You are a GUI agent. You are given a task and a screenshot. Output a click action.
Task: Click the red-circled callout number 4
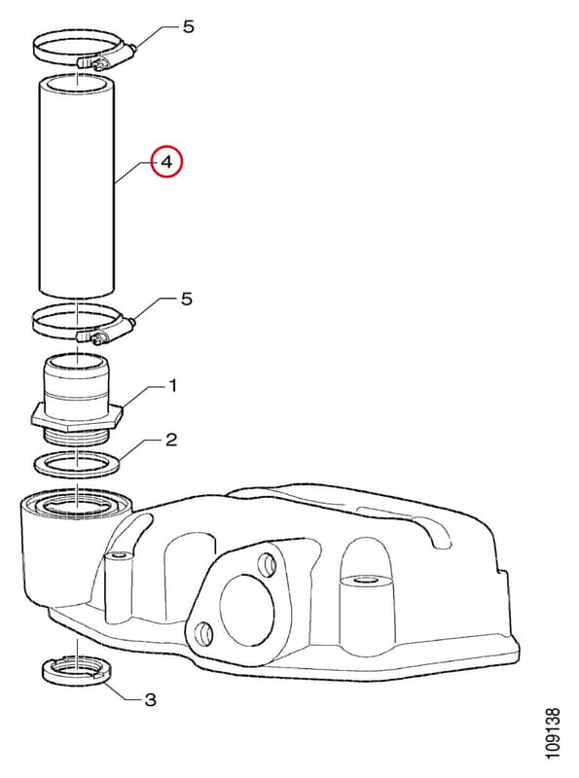(167, 161)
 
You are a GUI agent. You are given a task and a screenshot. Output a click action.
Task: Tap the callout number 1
(172, 385)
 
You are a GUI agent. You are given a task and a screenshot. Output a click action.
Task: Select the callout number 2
(171, 440)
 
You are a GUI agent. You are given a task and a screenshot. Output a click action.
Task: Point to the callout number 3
(150, 700)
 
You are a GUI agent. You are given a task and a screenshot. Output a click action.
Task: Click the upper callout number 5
(188, 27)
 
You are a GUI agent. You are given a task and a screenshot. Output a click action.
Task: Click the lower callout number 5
(186, 300)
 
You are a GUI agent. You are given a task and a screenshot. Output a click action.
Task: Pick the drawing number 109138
(552, 733)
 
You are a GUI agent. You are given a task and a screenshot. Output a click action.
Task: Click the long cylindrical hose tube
(77, 187)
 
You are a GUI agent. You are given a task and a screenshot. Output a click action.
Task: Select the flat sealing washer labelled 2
(78, 466)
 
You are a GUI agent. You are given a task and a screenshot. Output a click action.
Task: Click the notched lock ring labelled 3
(76, 672)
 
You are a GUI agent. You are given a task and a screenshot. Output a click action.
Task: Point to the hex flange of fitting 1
(77, 416)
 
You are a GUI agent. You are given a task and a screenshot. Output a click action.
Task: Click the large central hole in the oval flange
(247, 611)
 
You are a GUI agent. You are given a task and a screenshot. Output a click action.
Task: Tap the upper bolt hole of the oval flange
(267, 564)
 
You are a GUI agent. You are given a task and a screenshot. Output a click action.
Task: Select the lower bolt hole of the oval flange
(203, 633)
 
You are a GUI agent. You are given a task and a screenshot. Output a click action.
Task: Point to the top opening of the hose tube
(77, 83)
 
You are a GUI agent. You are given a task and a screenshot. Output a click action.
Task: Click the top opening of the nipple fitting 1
(77, 362)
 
